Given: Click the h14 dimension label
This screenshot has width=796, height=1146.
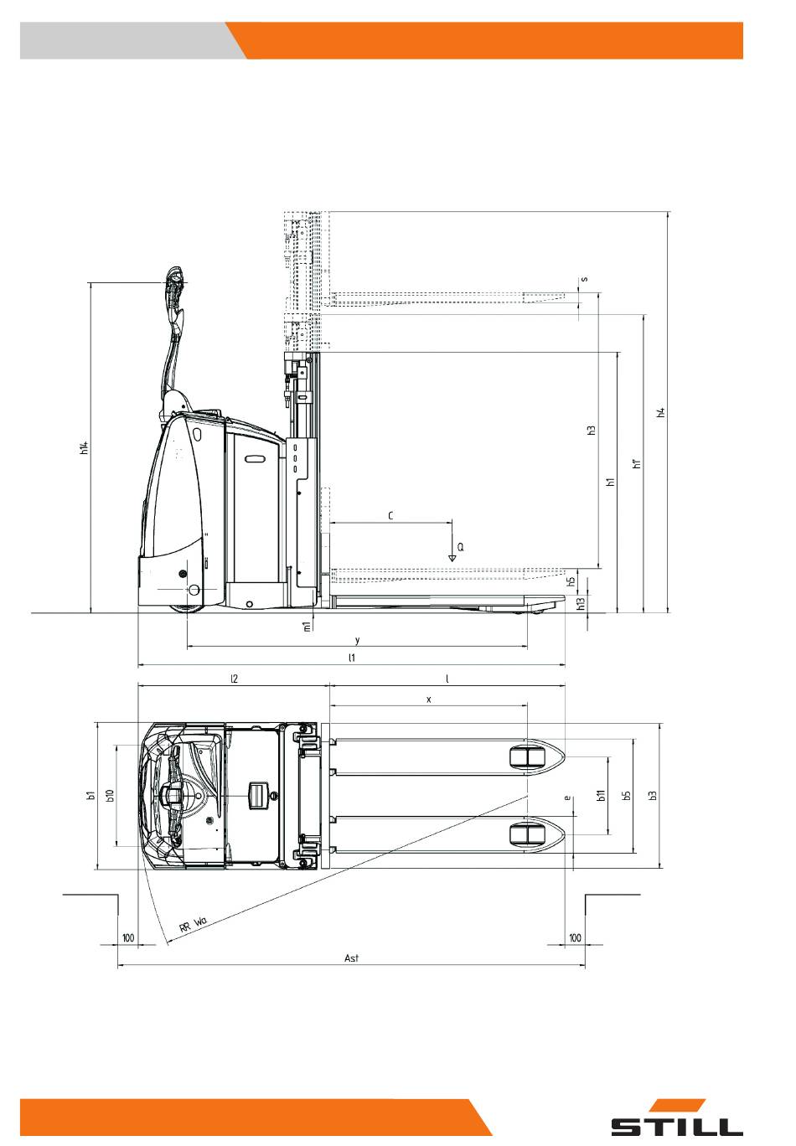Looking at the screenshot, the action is [x=85, y=447].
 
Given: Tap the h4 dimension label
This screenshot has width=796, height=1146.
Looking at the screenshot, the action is [x=660, y=412].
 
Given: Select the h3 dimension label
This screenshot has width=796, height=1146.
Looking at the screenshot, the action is [x=592, y=431].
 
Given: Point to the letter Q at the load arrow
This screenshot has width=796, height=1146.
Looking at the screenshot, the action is [x=460, y=547].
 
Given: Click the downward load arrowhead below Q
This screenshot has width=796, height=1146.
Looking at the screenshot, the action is [x=452, y=558].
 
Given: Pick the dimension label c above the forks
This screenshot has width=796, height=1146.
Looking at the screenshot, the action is [x=390, y=515].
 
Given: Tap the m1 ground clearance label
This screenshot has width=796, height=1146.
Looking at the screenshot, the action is [x=307, y=627].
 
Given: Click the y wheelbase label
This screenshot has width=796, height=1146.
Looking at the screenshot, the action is [x=358, y=640].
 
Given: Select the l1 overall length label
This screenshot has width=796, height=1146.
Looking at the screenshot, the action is [x=351, y=658].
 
